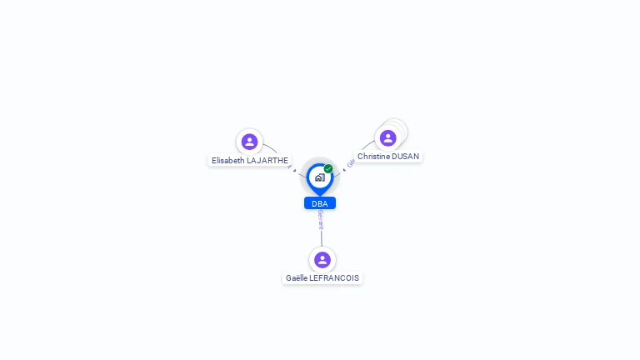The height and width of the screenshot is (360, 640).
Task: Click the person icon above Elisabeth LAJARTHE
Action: pos(249,142)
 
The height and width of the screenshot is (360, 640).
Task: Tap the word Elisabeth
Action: pos(228,160)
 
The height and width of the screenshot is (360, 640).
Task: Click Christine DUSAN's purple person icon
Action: pos(387,137)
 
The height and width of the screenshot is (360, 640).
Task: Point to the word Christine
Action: pos(373,156)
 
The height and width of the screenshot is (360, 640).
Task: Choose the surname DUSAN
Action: pos(406,156)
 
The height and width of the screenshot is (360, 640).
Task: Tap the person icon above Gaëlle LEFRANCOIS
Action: pos(322,260)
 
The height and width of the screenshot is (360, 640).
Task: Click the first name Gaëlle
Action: pos(297,278)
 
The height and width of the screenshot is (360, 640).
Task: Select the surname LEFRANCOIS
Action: pos(334,278)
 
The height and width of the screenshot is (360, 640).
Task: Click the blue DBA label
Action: pos(320,203)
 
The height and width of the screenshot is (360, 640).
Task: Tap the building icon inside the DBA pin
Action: pos(319,177)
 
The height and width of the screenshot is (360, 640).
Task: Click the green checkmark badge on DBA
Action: pos(328,169)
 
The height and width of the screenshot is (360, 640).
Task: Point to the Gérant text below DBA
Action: pos(320,219)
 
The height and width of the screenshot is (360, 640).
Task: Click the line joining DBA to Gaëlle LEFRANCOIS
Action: pos(321,238)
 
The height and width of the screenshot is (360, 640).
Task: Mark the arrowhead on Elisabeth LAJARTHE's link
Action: pos(294,170)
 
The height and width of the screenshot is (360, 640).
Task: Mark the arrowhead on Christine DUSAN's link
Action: pos(344,169)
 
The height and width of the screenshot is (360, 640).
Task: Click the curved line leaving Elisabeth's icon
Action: pos(271,148)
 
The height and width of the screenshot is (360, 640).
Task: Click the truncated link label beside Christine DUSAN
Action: pos(351,163)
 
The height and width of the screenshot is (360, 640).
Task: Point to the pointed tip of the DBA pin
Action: pos(320,195)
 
